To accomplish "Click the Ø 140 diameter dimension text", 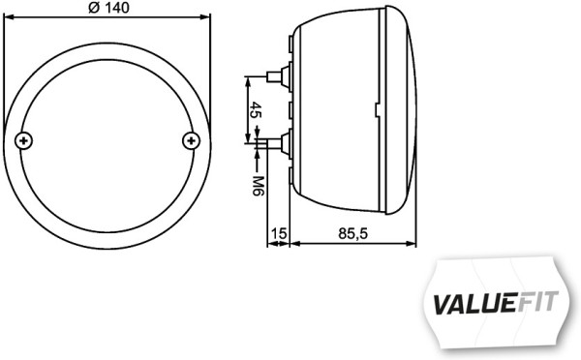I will pos(107,8).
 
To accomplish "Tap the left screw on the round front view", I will pos(24,141).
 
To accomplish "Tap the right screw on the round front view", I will pos(190,141).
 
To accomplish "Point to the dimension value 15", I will pos(279,232).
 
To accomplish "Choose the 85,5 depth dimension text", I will pos(352,232).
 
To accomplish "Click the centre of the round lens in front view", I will pos(107,141).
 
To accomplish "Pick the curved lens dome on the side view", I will pos(412,108).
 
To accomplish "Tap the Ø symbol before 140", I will pos(93,8).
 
